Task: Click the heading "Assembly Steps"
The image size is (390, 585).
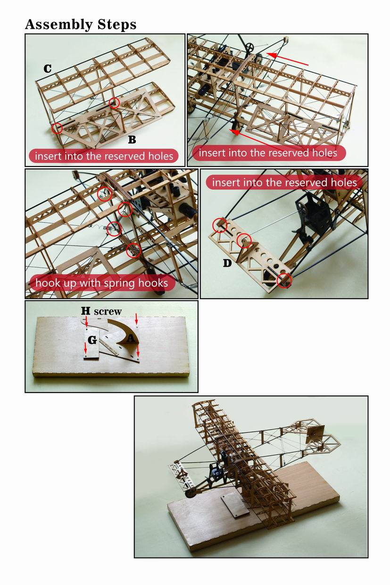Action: pyautogui.click(x=81, y=25)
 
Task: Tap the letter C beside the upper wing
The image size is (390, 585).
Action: pyautogui.click(x=48, y=69)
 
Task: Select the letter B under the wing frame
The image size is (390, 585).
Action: pyautogui.click(x=132, y=140)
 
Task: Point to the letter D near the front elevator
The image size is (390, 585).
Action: pyautogui.click(x=227, y=263)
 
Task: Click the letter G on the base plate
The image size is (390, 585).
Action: pyautogui.click(x=92, y=340)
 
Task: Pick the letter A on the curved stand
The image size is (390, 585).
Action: pyautogui.click(x=131, y=339)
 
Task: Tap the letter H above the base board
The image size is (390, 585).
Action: pyautogui.click(x=86, y=311)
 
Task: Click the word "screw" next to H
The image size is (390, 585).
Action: pyautogui.click(x=108, y=311)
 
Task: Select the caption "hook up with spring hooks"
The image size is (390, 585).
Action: pyautogui.click(x=102, y=283)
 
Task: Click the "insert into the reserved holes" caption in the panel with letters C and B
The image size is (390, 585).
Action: pyautogui.click(x=104, y=156)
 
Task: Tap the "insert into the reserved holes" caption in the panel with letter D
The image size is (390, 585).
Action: pyautogui.click(x=284, y=182)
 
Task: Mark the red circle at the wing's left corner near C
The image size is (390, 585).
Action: pyautogui.click(x=57, y=128)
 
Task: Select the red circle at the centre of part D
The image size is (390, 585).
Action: pyautogui.click(x=244, y=241)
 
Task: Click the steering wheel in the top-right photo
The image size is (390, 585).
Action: pyautogui.click(x=250, y=47)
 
